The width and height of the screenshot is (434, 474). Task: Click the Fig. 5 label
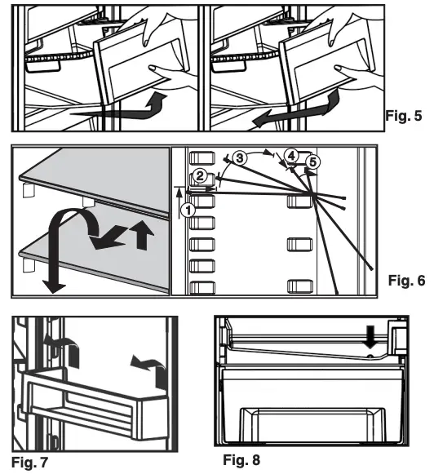tap(403, 115)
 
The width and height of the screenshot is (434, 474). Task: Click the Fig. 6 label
tap(405, 281)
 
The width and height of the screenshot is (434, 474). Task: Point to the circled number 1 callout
tap(188, 208)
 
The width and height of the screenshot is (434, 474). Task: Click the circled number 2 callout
tap(199, 175)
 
